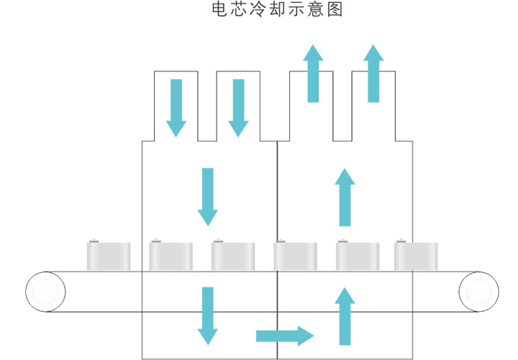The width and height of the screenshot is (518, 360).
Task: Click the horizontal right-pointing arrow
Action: (x=285, y=336)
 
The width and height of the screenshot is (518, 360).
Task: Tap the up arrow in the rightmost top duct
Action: (x=373, y=73)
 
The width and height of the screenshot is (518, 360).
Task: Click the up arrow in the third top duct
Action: (x=313, y=73)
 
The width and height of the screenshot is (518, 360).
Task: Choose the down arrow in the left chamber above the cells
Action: (x=208, y=197)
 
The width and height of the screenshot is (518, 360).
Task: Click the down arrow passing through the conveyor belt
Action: (x=208, y=315)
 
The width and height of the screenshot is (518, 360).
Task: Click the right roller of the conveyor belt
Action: (x=478, y=292)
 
